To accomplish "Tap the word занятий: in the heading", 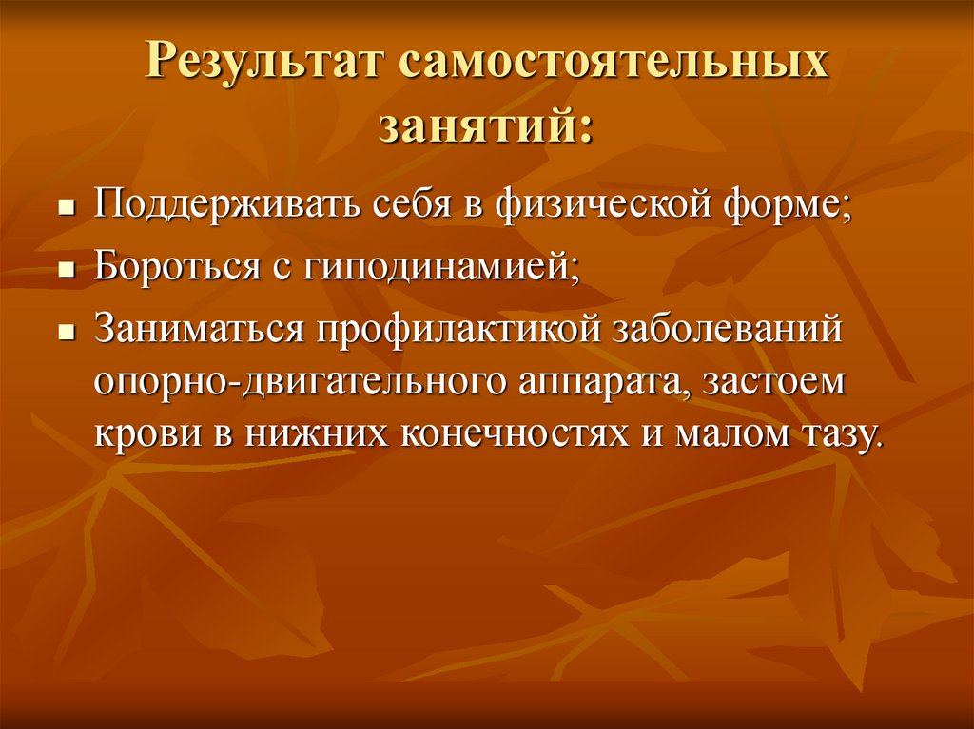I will [486, 127].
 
